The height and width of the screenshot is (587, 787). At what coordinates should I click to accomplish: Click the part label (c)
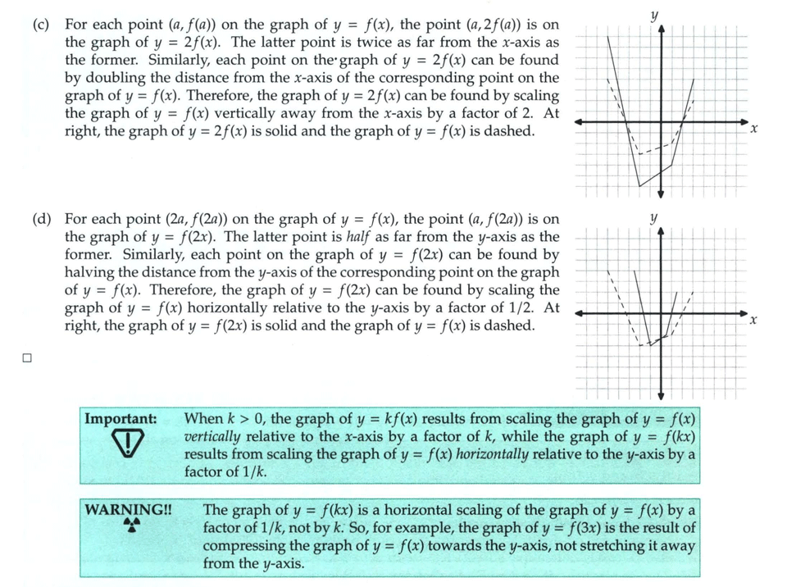click(42, 25)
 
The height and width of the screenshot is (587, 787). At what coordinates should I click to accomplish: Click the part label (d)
click(42, 219)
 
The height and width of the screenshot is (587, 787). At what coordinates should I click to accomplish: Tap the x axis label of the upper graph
click(753, 129)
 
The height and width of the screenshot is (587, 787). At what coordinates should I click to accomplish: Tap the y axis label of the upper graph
click(654, 15)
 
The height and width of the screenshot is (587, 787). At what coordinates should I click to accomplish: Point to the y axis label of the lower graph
click(653, 217)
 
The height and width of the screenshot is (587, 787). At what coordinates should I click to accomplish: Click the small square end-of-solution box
click(27, 357)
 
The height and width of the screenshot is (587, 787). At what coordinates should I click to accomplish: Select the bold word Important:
click(121, 419)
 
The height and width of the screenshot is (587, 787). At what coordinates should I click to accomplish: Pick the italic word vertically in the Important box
click(215, 437)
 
